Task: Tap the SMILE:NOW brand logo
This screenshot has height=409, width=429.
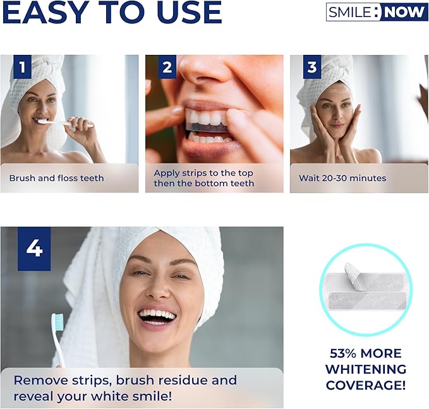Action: pos(377,12)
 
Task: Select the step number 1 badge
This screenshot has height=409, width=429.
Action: pos(22,67)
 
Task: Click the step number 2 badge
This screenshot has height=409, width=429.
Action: pos(167,67)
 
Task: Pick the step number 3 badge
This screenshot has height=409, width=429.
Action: pos(312,67)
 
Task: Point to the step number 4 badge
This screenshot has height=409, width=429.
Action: pos(34,249)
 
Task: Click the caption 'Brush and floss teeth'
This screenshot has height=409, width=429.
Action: pos(57,178)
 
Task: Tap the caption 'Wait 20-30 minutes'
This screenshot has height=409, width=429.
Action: pos(342,178)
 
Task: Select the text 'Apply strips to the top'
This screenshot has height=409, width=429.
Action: pos(203,173)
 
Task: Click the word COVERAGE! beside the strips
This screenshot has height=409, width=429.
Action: pos(366,385)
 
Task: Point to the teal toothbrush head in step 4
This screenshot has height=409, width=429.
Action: pos(57,322)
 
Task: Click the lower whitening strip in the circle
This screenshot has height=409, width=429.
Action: pos(367,301)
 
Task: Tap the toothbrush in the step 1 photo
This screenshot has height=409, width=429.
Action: pos(65,123)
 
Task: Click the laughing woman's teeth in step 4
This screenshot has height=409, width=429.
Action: pos(157,315)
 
